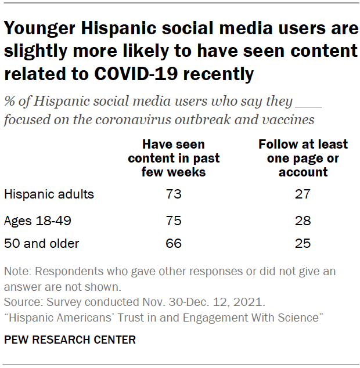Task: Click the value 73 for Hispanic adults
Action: coord(174,194)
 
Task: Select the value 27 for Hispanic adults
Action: coord(303,194)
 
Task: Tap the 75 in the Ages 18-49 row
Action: coord(174,221)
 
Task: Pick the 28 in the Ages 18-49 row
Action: coord(303,221)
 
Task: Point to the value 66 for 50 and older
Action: coord(174,243)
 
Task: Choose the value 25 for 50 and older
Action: coord(303,243)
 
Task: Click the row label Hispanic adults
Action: coord(49,194)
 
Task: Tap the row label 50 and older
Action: coord(42,243)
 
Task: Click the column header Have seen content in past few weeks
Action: coord(174,158)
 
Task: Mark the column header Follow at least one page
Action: coord(303,158)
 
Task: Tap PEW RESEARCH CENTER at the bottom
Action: coord(70,340)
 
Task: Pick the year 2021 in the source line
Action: coord(252,302)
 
